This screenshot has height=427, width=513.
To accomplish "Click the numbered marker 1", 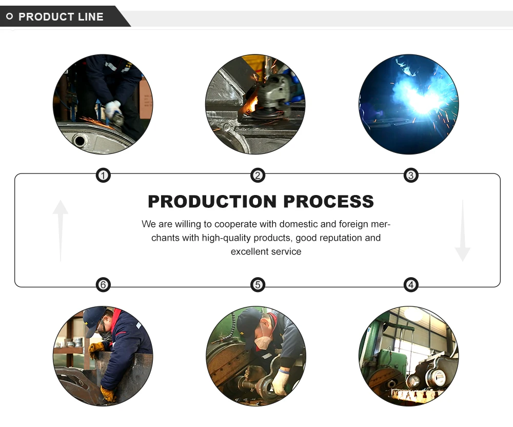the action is (x=104, y=176).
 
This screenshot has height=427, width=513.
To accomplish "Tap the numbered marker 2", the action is (x=258, y=176).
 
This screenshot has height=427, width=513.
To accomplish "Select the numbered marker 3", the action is (x=410, y=176).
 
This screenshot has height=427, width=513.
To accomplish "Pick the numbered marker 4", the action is (x=410, y=284).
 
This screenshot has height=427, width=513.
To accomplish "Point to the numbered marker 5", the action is (x=258, y=284).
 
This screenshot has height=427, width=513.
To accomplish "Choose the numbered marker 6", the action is (x=104, y=284).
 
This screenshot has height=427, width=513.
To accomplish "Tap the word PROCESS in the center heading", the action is (x=328, y=202).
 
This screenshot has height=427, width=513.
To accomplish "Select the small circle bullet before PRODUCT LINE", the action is (x=9, y=17).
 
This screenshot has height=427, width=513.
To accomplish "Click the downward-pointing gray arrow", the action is (x=462, y=231).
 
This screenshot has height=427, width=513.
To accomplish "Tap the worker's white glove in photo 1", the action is (x=112, y=109).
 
